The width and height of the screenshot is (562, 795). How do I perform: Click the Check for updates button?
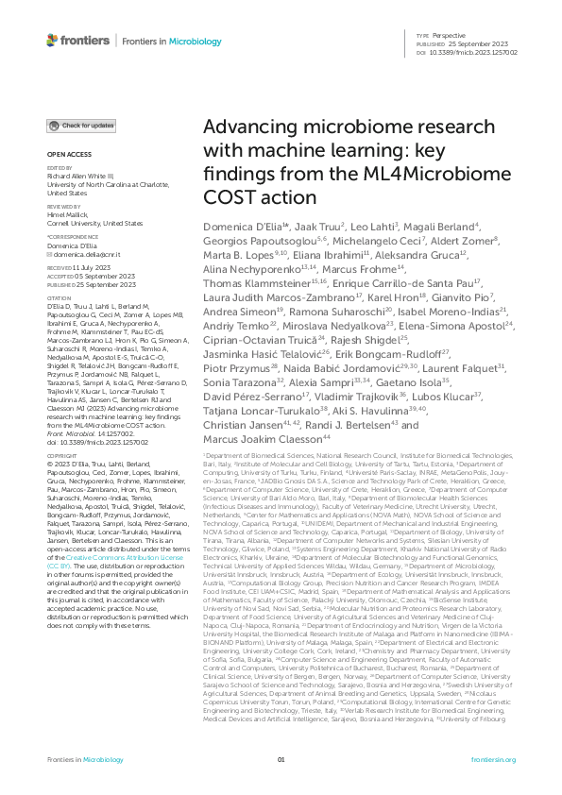pos(82,126)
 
